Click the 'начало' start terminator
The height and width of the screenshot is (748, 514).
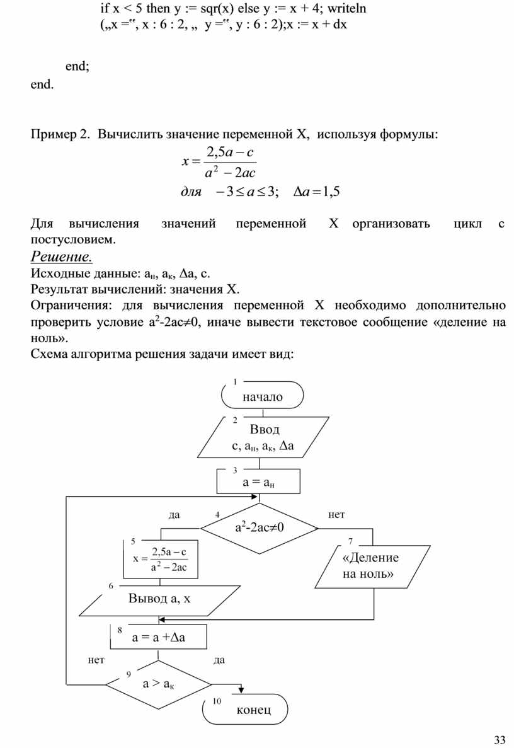point(263,396)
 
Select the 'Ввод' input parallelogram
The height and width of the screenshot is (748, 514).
point(264,437)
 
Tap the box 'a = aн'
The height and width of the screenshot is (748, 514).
point(258,483)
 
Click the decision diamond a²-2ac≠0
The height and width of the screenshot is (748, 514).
point(259,527)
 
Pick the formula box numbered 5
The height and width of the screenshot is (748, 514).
point(161,559)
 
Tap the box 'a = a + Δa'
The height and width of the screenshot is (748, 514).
point(159,637)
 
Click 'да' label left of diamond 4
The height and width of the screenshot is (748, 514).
point(174,514)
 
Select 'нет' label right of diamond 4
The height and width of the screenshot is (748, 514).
point(337,514)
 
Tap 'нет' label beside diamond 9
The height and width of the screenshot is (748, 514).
point(96,660)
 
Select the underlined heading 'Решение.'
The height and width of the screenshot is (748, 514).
point(62,256)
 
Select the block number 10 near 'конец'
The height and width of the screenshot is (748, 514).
point(217,701)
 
